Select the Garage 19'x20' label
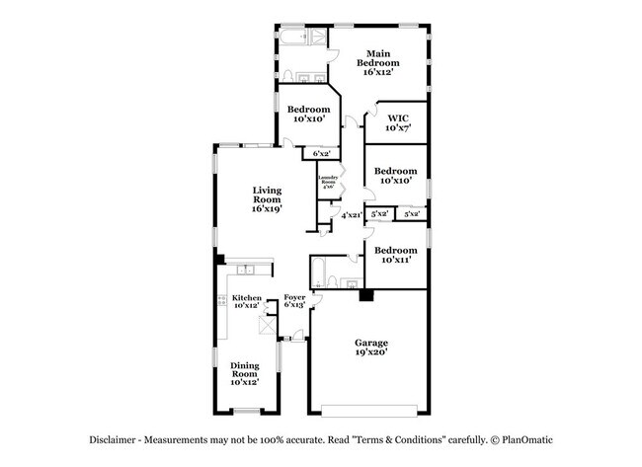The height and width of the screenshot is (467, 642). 371,347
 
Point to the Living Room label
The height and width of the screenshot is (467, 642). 267,200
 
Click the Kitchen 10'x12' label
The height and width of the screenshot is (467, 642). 246,301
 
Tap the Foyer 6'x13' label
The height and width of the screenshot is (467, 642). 294,301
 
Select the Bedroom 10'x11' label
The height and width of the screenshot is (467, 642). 395,255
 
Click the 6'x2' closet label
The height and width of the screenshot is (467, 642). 321,153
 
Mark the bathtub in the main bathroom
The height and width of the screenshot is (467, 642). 293,40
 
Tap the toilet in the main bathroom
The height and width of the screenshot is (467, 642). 285,76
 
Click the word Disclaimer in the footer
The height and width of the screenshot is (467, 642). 108,440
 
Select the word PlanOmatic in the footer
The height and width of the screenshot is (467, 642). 527,440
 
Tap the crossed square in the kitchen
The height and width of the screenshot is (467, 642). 264,328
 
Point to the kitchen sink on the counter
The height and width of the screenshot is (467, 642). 248,269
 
